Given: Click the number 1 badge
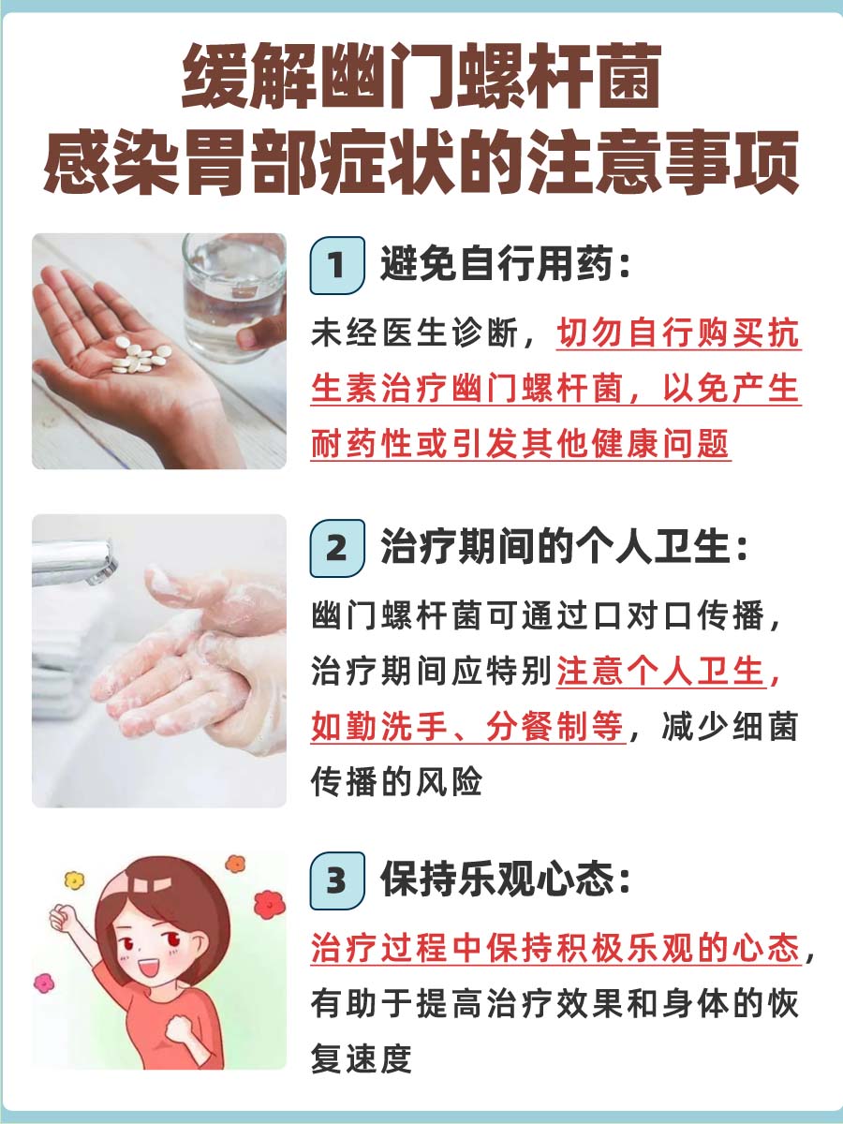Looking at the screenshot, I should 335,267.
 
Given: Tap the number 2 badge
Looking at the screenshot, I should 335,548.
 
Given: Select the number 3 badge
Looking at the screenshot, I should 335,880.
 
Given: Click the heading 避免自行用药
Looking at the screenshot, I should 504,267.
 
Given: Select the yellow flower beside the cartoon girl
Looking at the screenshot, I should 73,880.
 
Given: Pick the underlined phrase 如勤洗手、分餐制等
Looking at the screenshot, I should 467,727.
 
